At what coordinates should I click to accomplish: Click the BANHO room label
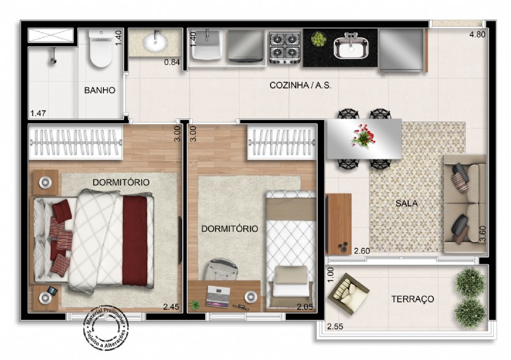pyautogui.click(x=100, y=90)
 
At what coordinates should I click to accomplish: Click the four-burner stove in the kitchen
pyautogui.click(x=285, y=47)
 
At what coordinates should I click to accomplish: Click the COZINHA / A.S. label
pyautogui.click(x=301, y=85)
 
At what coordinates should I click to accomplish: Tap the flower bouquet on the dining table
pyautogui.click(x=362, y=137)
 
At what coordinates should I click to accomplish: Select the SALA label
pyautogui.click(x=406, y=203)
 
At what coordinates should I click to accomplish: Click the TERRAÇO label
pyautogui.click(x=412, y=299)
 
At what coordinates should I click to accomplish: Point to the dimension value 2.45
pyautogui.click(x=171, y=307)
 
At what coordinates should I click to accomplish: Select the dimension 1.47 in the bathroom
pyautogui.click(x=38, y=113)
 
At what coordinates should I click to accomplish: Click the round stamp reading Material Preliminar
pyautogui.click(x=105, y=328)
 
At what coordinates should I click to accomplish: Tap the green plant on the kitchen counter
pyautogui.click(x=318, y=39)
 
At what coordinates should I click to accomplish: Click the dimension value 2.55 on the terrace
pyautogui.click(x=335, y=328)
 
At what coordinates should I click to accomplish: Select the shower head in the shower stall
pyautogui.click(x=53, y=55)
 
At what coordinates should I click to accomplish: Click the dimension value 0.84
pyautogui.click(x=172, y=62)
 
